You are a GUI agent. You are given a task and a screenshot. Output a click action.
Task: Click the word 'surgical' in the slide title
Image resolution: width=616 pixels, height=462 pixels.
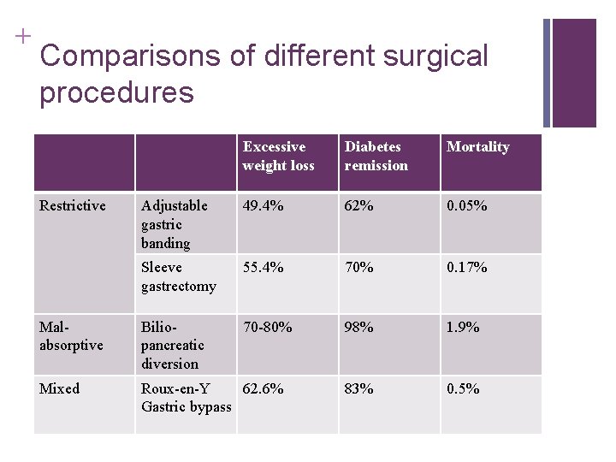pyautogui.click(x=435, y=57)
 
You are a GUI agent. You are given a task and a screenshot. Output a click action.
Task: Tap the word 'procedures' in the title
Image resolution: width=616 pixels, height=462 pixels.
pyautogui.click(x=116, y=93)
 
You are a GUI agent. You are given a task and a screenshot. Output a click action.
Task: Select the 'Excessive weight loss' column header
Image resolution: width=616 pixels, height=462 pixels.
pyautogui.click(x=279, y=156)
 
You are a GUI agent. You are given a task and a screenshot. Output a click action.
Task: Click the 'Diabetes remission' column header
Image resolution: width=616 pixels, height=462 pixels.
pyautogui.click(x=376, y=156)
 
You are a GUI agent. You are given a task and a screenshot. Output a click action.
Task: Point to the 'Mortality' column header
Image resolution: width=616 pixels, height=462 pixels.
pyautogui.click(x=477, y=147)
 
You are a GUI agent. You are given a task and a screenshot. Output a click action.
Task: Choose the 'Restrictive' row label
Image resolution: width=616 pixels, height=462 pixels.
pyautogui.click(x=72, y=205)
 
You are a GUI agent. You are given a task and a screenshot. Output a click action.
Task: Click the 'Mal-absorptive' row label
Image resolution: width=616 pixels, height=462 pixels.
pyautogui.click(x=71, y=336)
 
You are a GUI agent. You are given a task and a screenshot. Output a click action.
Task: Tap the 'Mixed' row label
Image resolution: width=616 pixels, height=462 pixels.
pyautogui.click(x=59, y=388)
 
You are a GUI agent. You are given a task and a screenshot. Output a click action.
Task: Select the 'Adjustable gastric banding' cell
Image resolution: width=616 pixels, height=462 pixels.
pyautogui.click(x=174, y=225)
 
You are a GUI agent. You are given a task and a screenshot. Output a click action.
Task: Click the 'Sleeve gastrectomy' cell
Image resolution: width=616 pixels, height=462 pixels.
pyautogui.click(x=179, y=276)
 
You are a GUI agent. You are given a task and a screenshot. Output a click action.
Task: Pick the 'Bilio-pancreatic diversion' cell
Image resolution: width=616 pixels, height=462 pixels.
pyautogui.click(x=173, y=346)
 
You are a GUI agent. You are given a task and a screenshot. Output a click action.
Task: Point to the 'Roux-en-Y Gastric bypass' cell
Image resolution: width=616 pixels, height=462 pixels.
pyautogui.click(x=187, y=398)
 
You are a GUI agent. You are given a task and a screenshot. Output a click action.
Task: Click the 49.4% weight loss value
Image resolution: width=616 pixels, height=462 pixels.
pyautogui.click(x=263, y=205)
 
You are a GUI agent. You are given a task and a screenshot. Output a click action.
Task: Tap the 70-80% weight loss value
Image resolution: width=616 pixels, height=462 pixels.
pyautogui.click(x=267, y=327)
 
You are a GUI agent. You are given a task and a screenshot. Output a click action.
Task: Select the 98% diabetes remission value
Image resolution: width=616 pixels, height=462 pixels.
pyautogui.click(x=358, y=327)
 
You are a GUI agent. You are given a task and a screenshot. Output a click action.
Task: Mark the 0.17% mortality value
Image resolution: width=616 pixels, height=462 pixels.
pyautogui.click(x=467, y=267)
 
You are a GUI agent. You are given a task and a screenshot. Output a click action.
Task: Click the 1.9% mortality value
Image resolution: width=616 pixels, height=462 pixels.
pyautogui.click(x=463, y=327)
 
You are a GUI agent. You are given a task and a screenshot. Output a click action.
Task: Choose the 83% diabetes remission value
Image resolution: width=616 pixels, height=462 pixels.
pyautogui.click(x=358, y=388)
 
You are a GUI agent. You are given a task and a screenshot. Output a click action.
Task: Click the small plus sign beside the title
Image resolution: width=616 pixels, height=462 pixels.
pyautogui.click(x=23, y=36)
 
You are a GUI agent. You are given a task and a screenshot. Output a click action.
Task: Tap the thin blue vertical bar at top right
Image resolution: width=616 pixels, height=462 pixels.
pyautogui.click(x=547, y=73)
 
